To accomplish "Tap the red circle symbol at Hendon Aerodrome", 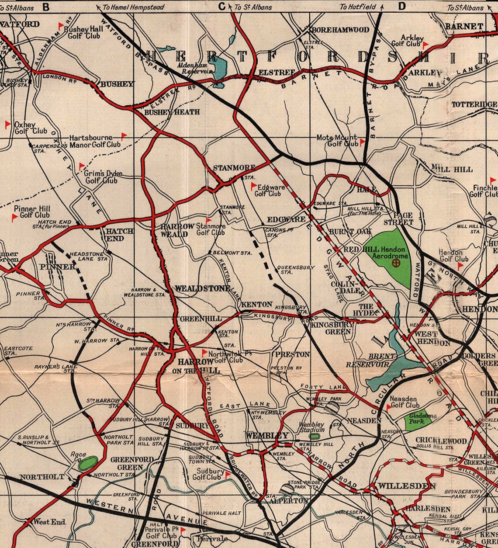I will [396, 263].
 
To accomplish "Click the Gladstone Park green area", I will [420, 420].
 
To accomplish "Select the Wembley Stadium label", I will [311, 427].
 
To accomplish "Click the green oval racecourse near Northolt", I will [89, 463].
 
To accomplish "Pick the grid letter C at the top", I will [221, 7].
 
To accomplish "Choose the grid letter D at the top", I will [401, 7].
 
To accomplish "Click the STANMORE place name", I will [228, 168].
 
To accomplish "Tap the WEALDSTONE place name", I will [202, 289].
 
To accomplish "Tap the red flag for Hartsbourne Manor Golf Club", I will [124, 135].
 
